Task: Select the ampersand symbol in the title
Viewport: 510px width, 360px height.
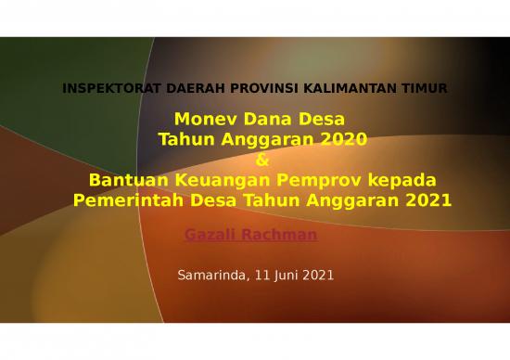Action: tap(261, 160)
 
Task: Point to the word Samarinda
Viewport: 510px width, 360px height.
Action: tap(211, 276)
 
